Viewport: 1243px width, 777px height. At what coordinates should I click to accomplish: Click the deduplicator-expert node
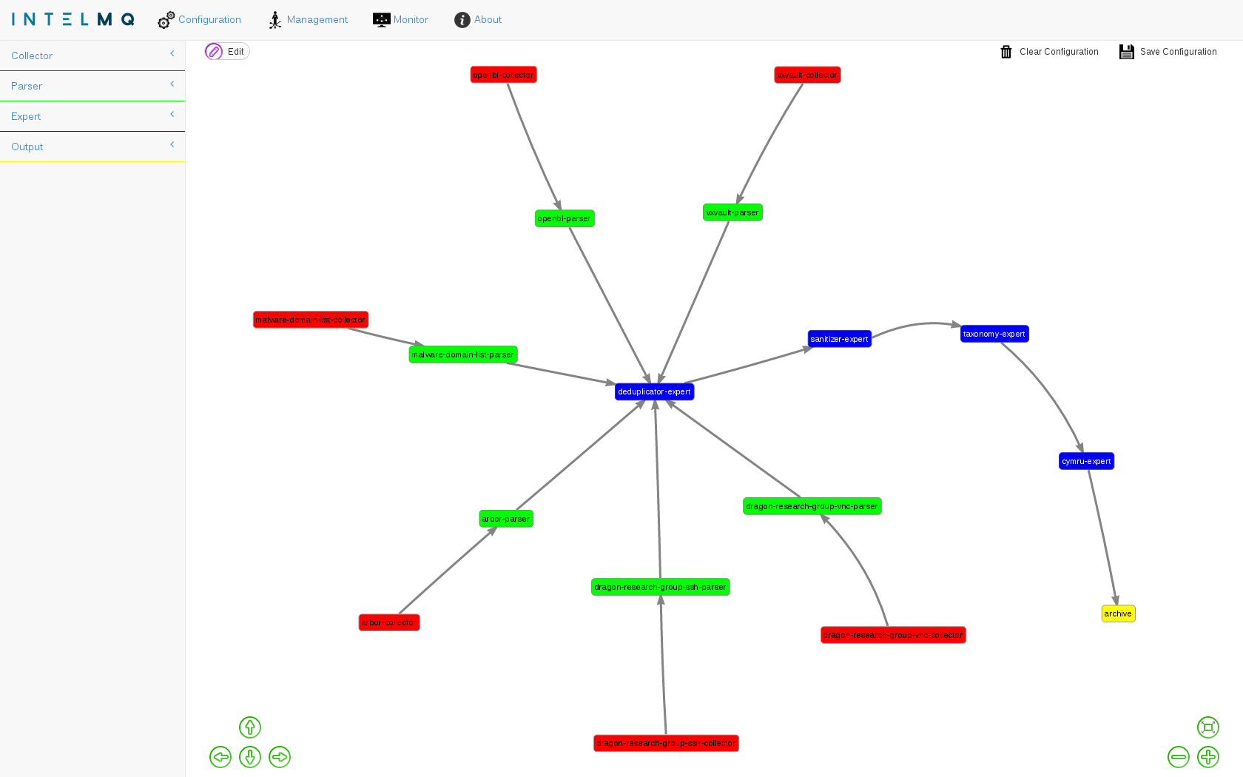654,391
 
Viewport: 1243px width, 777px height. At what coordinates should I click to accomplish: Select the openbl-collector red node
503,75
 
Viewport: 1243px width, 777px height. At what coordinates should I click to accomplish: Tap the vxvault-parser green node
732,212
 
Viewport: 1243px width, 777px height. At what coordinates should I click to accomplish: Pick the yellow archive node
1118,613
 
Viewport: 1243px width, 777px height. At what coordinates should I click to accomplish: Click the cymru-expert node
1086,461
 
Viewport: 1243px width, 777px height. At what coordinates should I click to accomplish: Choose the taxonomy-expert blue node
994,334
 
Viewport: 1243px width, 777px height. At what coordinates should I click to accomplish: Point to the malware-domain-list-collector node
311,320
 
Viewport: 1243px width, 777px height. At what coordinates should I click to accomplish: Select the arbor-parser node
506,519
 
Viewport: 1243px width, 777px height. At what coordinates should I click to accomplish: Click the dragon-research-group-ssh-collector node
666,743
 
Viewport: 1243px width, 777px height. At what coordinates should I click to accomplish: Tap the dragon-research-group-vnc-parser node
812,506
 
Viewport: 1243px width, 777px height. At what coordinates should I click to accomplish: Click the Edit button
227,51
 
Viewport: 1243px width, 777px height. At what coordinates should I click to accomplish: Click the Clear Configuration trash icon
1006,52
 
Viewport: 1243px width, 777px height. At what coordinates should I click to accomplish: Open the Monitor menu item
401,20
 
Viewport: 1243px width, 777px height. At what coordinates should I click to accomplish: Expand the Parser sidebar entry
92,86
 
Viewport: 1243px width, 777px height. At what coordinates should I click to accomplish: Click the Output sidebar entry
92,147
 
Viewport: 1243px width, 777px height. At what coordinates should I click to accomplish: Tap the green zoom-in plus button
1208,757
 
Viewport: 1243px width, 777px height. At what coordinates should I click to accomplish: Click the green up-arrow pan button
250,727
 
